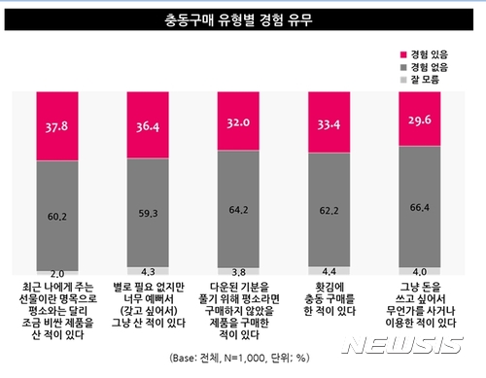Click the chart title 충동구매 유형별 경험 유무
coord(242,19)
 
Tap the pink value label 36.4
coord(152,124)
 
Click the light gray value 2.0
coord(56,275)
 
